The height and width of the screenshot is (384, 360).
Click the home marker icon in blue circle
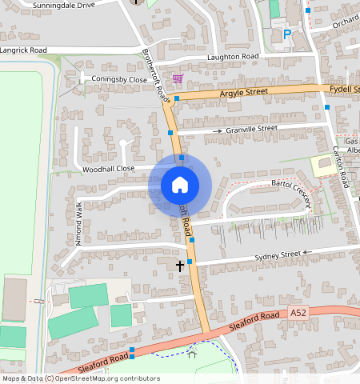point(180,185)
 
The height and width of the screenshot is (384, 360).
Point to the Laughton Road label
point(233,57)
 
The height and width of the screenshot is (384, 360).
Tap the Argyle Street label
point(244,94)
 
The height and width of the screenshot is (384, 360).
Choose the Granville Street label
point(251,128)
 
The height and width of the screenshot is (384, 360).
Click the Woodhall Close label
point(108,169)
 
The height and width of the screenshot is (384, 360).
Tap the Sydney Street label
point(276,255)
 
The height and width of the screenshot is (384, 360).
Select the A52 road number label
point(298,312)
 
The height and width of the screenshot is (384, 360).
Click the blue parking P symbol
point(287,34)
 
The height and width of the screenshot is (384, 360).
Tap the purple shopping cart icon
point(177,78)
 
